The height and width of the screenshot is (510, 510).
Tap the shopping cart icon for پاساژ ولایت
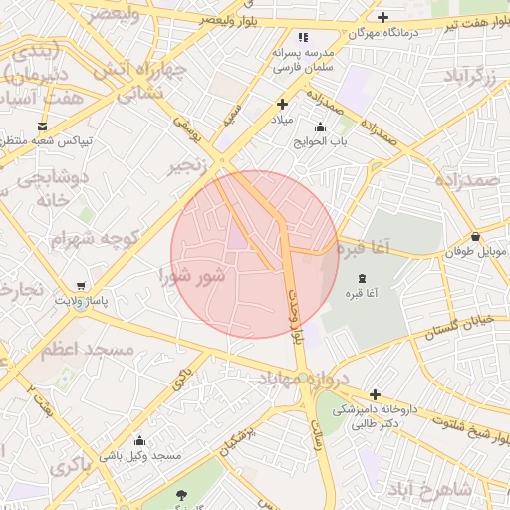click(x=81, y=285)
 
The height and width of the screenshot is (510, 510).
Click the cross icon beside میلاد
click(x=283, y=104)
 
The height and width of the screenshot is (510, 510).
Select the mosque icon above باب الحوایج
click(x=319, y=127)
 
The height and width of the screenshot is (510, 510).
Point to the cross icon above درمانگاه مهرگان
click(x=383, y=17)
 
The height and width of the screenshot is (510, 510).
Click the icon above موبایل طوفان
click(x=477, y=237)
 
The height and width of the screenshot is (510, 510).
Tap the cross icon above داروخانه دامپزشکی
click(x=375, y=394)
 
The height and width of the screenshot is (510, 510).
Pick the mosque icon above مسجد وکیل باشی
click(x=139, y=441)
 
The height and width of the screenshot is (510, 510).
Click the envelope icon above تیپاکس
click(x=42, y=126)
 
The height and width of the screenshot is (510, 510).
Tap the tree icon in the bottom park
click(x=180, y=495)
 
